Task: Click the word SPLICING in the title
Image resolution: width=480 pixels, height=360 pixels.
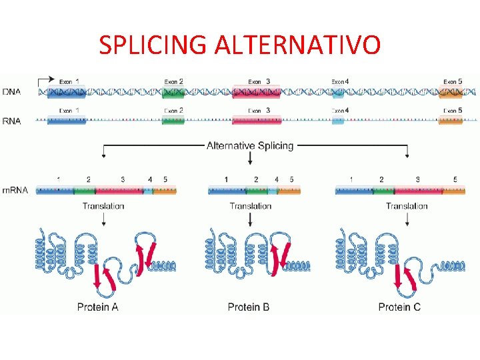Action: [153, 45]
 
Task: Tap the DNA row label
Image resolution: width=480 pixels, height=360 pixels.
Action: [11, 91]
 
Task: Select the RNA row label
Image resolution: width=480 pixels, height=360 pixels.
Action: [11, 121]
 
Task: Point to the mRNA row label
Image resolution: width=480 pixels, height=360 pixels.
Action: [15, 190]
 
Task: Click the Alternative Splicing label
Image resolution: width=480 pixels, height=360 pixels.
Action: [250, 145]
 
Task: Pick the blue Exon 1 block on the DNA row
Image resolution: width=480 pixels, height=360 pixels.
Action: [65, 92]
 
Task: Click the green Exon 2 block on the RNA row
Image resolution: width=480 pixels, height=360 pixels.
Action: [173, 121]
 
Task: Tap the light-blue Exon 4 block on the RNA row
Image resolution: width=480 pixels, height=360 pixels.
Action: [338, 121]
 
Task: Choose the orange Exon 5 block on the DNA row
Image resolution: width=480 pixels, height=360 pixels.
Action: [450, 92]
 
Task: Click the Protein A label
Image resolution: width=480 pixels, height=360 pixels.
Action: [98, 307]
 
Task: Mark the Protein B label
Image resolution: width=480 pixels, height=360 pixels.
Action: [249, 307]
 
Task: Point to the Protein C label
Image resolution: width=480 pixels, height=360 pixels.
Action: [399, 307]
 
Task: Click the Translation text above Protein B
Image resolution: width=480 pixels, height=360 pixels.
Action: [250, 206]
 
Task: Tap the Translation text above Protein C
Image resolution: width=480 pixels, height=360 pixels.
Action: [407, 206]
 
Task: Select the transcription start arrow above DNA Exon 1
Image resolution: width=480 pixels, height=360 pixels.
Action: [46, 80]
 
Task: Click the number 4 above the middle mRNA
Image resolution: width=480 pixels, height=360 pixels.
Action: [277, 179]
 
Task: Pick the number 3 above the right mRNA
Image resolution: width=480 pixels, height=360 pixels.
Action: [417, 179]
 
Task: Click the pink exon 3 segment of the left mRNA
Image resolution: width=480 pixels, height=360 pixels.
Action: [124, 191]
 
